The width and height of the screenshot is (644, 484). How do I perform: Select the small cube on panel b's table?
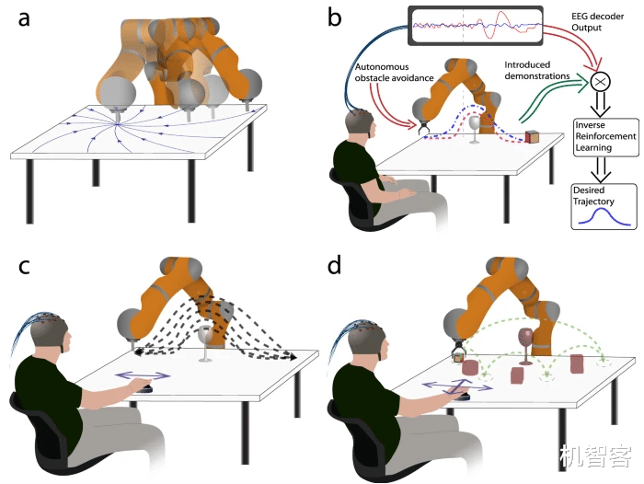click(534, 137)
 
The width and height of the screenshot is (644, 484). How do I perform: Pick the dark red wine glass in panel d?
click(525, 341)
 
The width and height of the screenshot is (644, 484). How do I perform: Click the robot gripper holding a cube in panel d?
click(457, 354)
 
